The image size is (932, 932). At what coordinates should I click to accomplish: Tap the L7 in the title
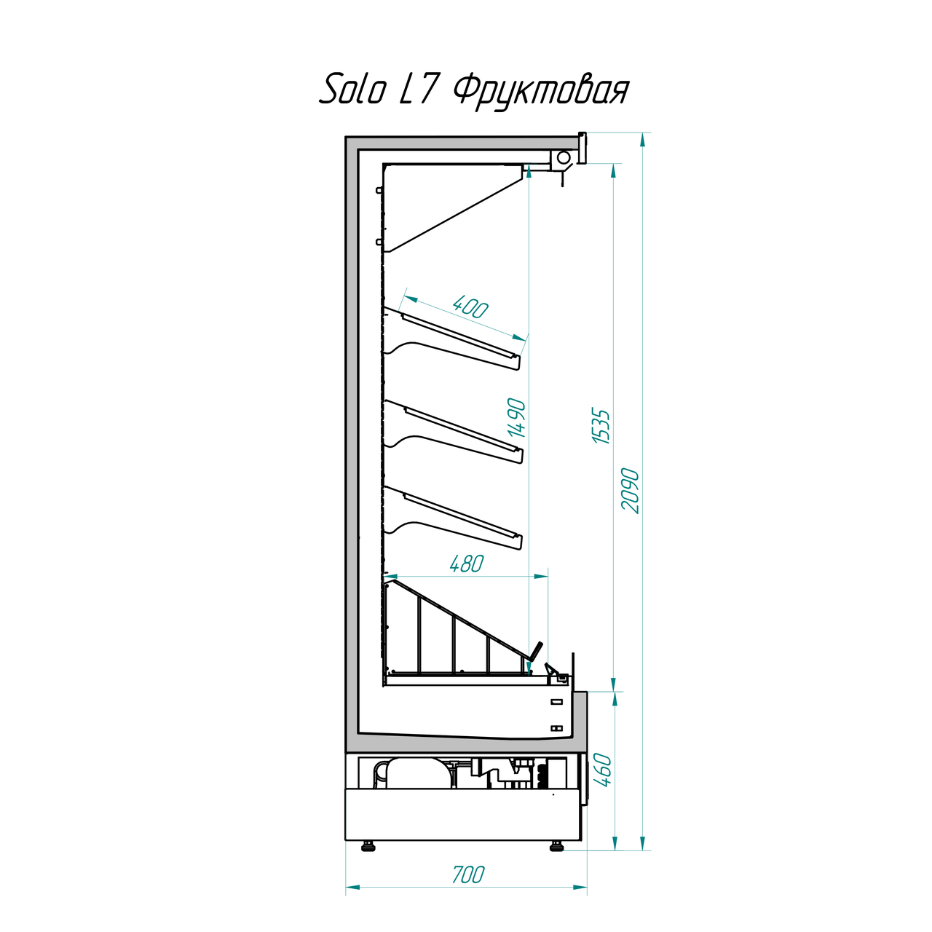416,90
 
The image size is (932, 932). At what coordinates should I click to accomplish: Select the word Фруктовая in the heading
541,92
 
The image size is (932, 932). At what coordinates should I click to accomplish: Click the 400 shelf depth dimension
470,307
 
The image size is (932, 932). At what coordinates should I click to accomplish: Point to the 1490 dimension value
518,418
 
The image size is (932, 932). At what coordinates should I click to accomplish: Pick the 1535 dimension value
601,427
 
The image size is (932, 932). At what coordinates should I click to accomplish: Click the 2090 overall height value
631,491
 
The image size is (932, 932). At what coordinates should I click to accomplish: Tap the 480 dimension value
467,564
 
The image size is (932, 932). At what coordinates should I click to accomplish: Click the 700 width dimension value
467,874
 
